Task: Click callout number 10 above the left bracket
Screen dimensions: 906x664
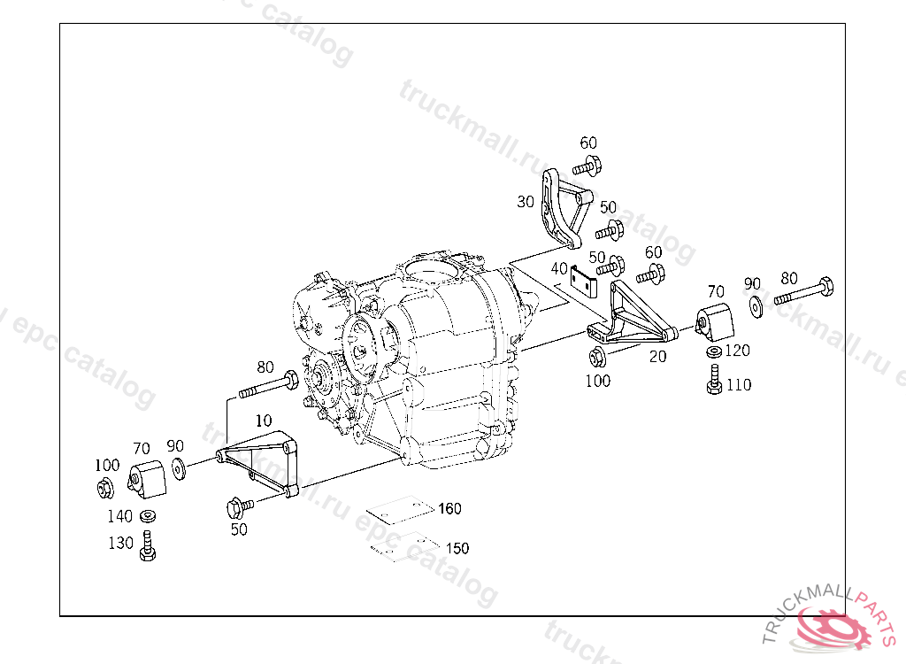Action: pos(264,421)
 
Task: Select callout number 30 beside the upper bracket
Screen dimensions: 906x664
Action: pos(526,202)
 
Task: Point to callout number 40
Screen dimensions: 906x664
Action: pos(558,268)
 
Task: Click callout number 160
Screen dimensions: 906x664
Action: pos(449,509)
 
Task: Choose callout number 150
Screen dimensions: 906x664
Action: pos(457,549)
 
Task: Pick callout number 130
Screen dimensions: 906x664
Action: pos(120,543)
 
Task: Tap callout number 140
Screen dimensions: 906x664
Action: pos(119,516)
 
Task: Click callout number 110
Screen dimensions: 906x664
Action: pos(739,385)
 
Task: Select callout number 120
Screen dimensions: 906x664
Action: pos(737,351)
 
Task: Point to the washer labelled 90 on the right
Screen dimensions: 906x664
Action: pos(757,306)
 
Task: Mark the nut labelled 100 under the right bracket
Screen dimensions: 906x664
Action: pos(596,358)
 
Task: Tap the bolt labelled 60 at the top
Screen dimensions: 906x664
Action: pos(587,165)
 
